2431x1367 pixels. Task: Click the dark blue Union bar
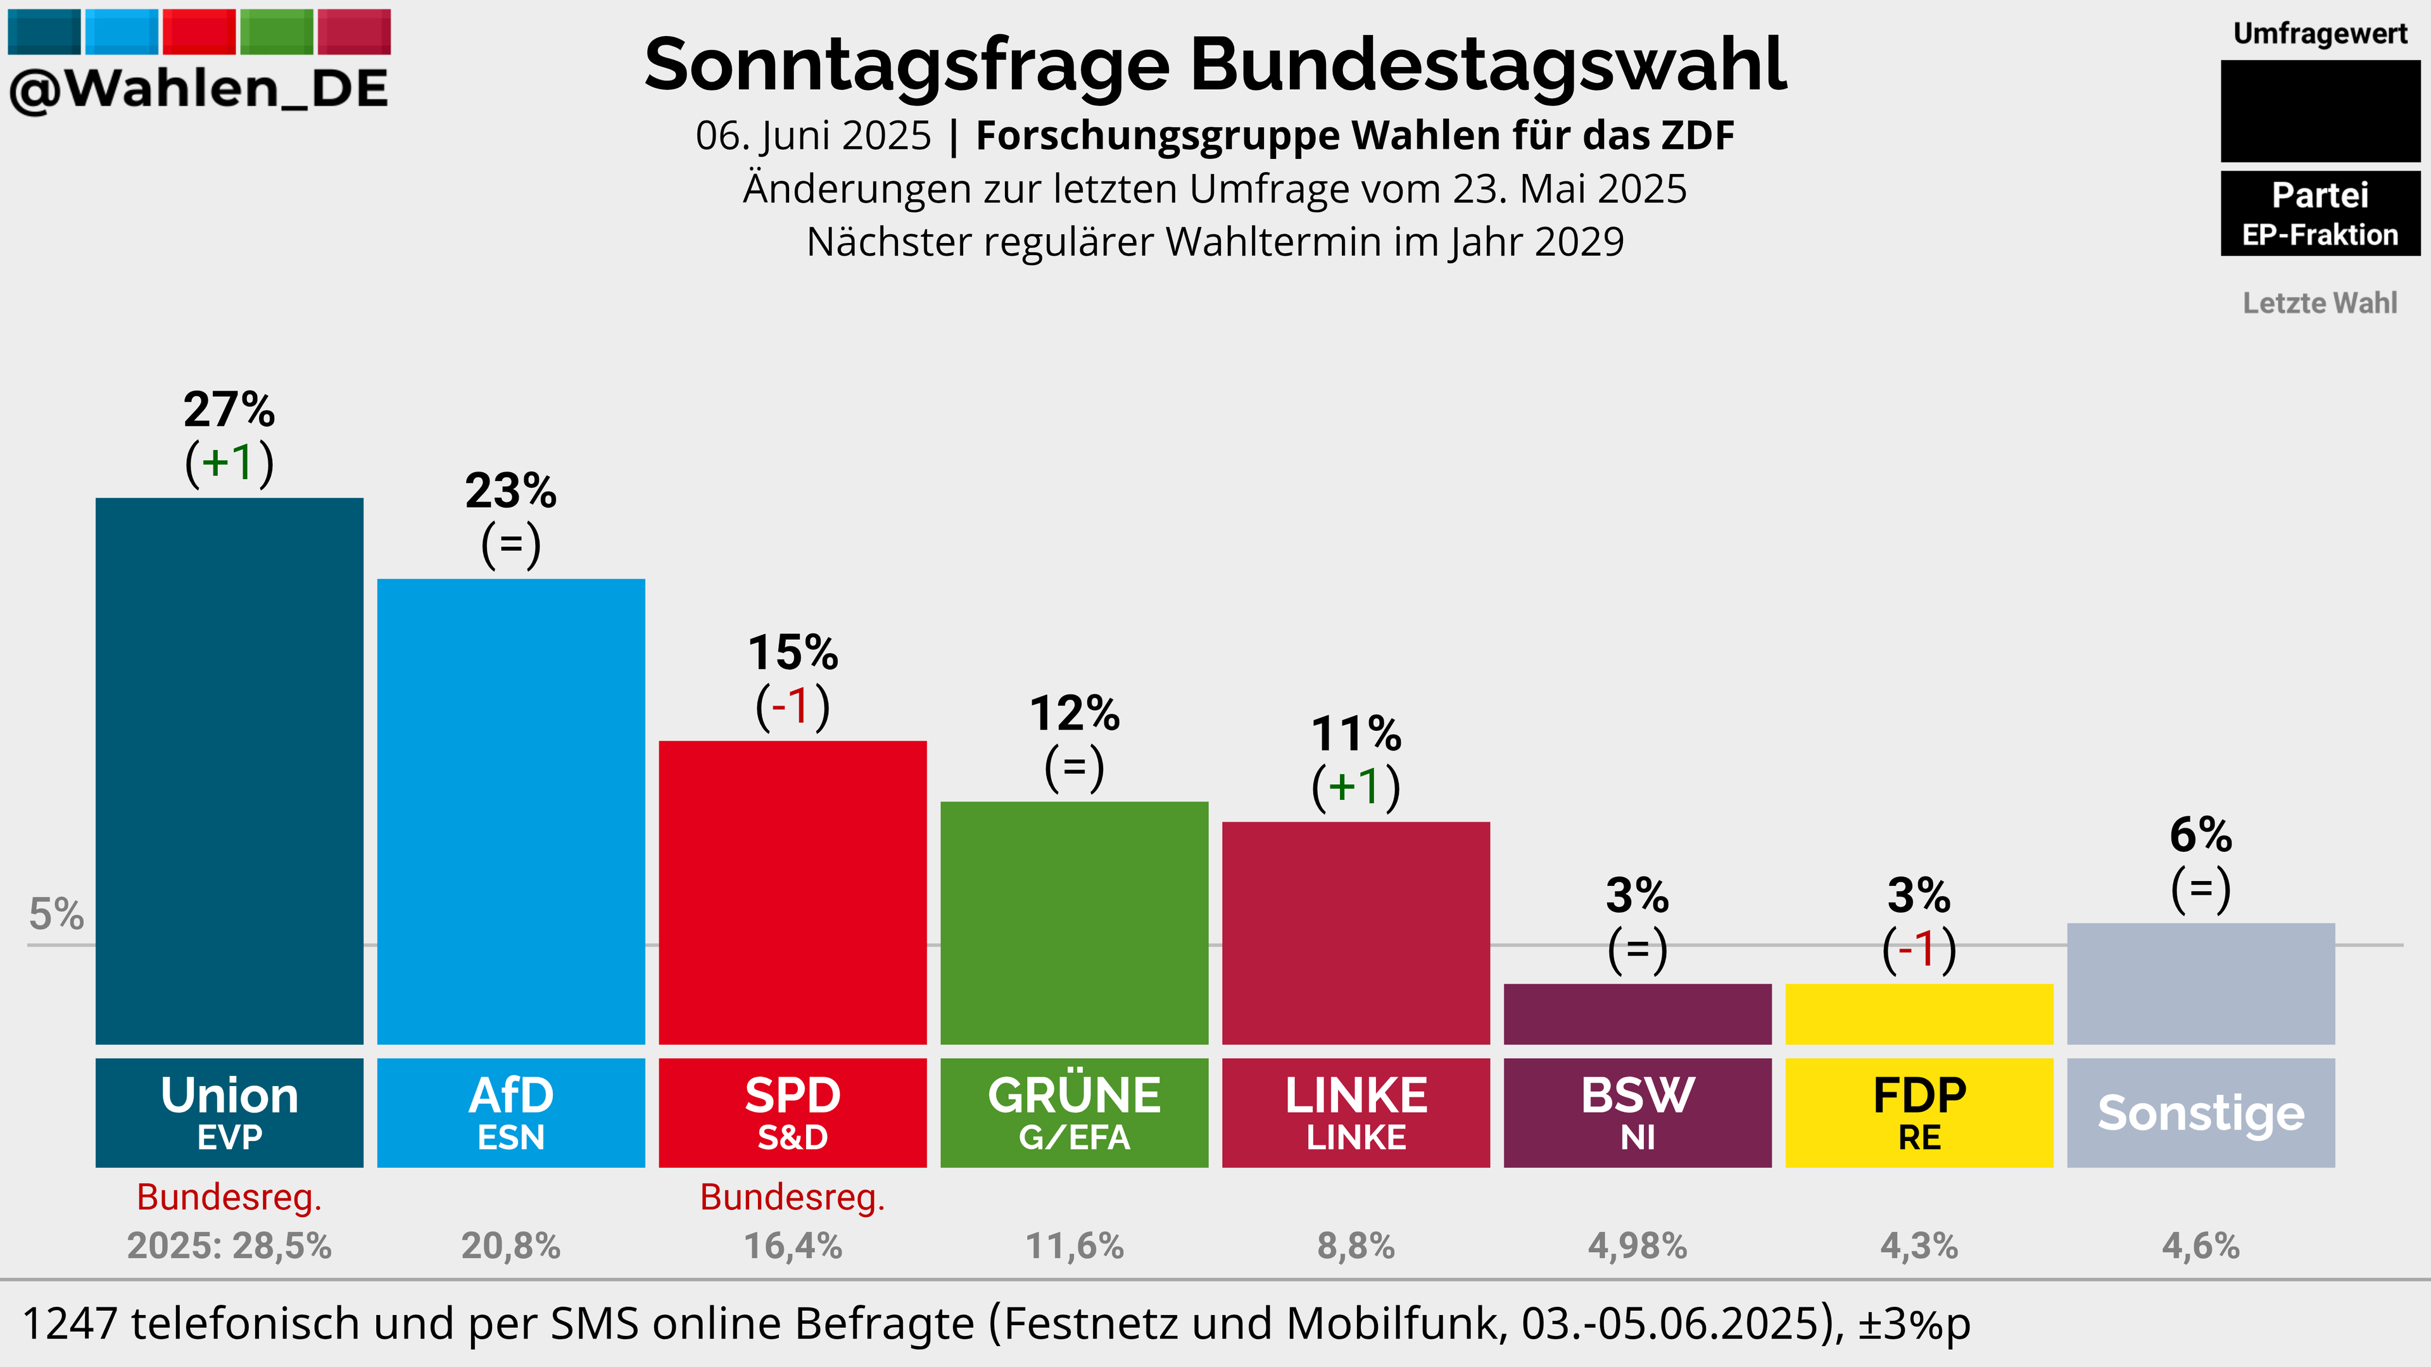coord(229,771)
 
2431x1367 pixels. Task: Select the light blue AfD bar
coord(510,811)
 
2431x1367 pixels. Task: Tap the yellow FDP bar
coord(1919,1014)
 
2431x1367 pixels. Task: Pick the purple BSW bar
coord(1638,1014)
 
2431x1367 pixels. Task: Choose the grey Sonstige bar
coord(2201,984)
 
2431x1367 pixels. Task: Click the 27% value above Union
coord(229,409)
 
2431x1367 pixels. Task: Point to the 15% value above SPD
coord(793,652)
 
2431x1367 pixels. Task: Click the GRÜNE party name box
coord(1074,1113)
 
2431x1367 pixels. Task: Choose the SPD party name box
coord(793,1113)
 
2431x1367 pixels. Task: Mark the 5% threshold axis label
coord(56,913)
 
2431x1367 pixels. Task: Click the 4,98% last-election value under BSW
coord(1638,1245)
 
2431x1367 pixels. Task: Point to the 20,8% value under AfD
coord(510,1245)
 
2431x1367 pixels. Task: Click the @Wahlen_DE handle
coord(198,89)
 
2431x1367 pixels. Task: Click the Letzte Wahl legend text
coord(2320,303)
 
